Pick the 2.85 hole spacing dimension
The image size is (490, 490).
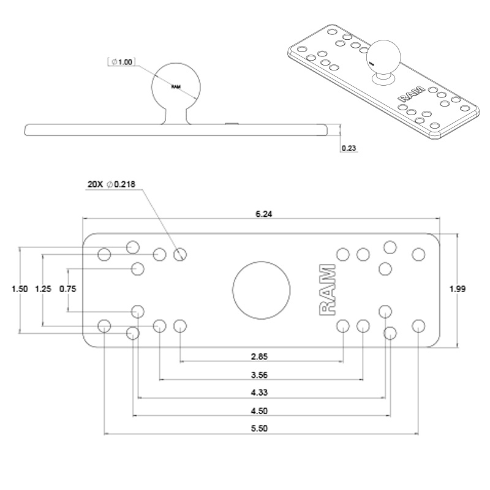260,355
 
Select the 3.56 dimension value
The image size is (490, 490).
260,375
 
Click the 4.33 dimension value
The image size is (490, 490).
260,393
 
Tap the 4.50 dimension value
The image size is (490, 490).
260,411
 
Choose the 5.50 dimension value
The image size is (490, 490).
260,429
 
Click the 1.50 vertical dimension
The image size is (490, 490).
20,290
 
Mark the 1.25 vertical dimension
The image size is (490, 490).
43,290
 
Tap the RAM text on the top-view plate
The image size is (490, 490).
328,290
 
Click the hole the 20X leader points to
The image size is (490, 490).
179,254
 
